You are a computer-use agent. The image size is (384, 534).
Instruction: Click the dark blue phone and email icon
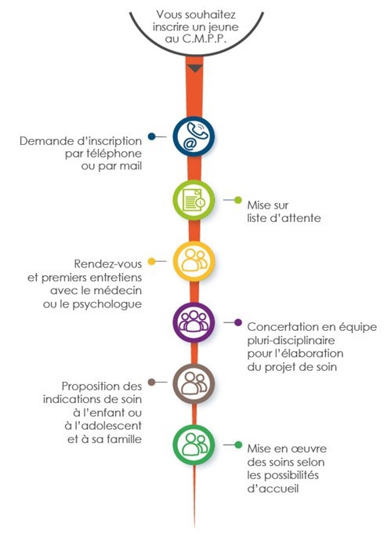point(194,136)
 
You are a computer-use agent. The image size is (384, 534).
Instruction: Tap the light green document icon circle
point(194,200)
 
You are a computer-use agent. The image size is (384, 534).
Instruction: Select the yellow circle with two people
point(194,261)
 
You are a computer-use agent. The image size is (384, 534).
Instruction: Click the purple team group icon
point(194,322)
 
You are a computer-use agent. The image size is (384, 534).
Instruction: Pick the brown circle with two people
point(194,383)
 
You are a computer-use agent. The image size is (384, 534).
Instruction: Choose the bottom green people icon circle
point(194,445)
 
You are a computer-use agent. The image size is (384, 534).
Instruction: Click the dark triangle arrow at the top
point(194,68)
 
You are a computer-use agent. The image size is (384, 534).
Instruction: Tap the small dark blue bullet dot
point(151,136)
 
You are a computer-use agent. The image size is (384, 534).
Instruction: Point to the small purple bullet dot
point(238,322)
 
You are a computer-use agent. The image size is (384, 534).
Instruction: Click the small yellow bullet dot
point(151,262)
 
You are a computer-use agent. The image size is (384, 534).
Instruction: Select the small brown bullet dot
point(151,382)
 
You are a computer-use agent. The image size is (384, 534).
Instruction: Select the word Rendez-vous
point(108,264)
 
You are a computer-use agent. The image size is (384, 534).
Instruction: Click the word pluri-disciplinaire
point(291,340)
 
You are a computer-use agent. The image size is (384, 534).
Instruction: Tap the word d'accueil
point(273,489)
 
